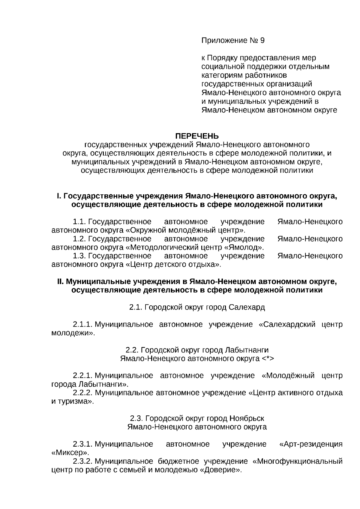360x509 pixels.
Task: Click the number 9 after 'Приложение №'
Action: click(262, 40)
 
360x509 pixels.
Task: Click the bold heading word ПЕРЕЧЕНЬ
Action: click(197, 136)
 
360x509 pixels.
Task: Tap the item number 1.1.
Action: click(79, 222)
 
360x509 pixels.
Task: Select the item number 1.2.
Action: click(79, 239)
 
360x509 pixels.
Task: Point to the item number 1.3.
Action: click(79, 256)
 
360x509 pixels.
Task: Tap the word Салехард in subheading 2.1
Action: click(247, 307)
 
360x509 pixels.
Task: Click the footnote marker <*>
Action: click(268, 359)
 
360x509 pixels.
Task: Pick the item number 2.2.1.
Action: click(82, 376)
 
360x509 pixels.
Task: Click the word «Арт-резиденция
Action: click(311, 444)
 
